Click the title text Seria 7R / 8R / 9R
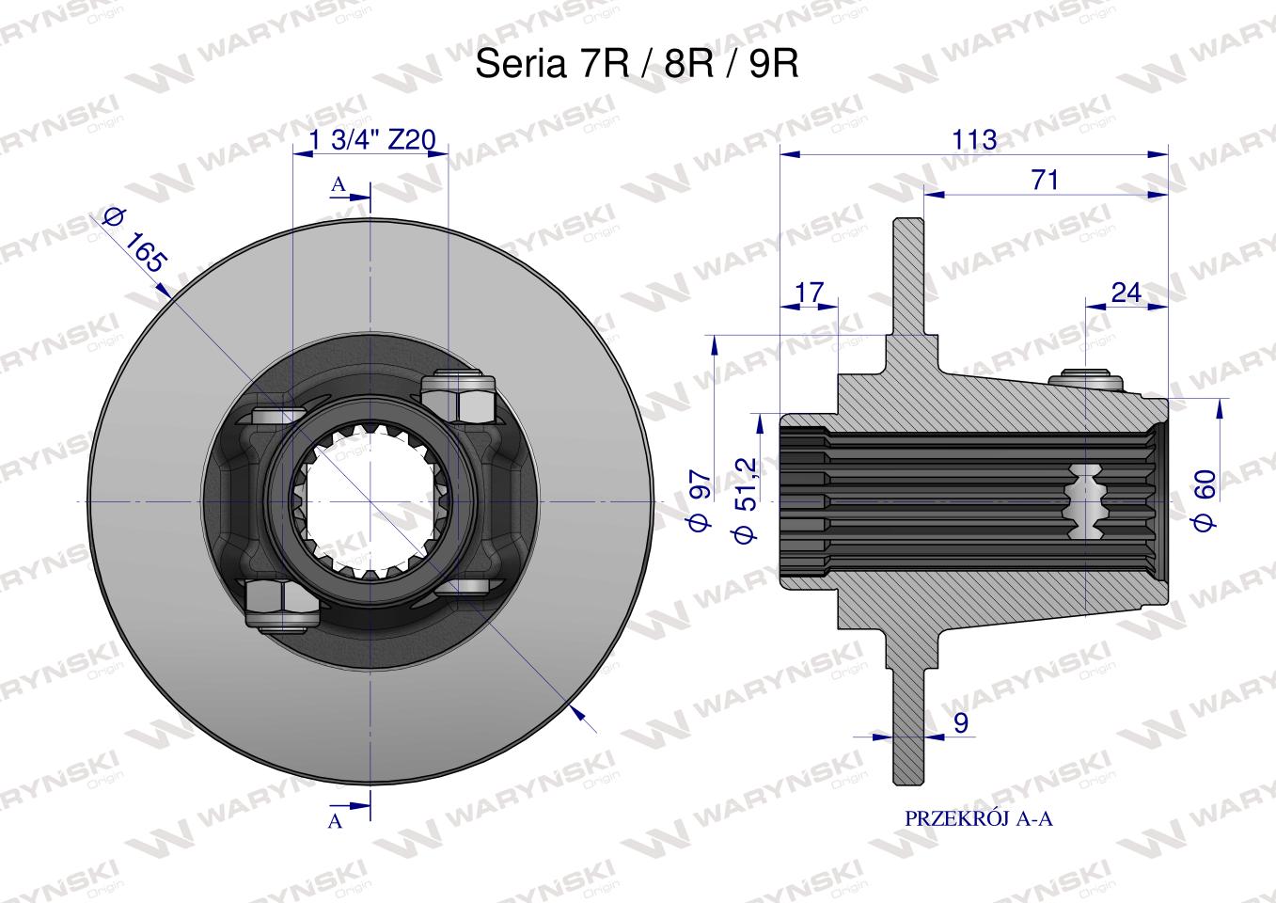[x=637, y=63]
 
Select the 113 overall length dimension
[x=975, y=139]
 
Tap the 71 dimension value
[x=1045, y=180]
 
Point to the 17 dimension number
[x=809, y=293]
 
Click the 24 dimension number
[x=1126, y=293]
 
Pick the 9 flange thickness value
[x=961, y=722]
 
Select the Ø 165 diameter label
[x=135, y=240]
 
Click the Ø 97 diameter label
[x=701, y=500]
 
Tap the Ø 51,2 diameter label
[x=745, y=499]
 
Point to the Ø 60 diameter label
[x=1205, y=500]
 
